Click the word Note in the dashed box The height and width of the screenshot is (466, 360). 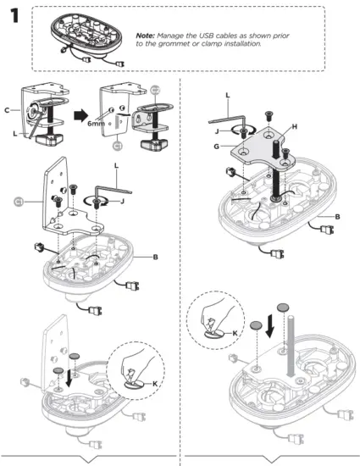point(147,35)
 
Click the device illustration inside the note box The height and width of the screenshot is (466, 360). point(89,37)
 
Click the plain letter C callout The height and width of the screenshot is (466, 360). point(8,110)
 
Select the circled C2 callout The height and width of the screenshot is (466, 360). point(155,89)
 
